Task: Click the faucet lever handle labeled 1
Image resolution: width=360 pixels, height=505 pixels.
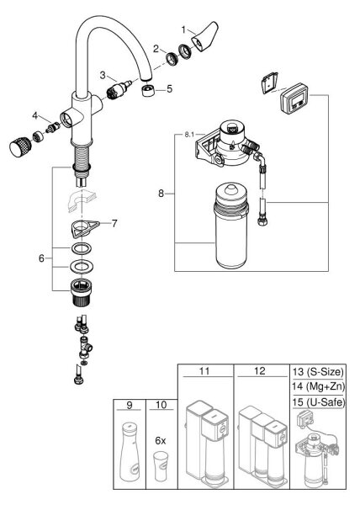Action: tap(205, 37)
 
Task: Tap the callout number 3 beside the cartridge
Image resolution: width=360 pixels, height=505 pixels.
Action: tap(103, 76)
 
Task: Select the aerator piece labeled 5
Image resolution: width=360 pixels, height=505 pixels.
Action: tap(148, 91)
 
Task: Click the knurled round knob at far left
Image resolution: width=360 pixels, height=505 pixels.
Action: tap(20, 146)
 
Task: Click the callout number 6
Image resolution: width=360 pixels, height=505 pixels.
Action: tap(41, 258)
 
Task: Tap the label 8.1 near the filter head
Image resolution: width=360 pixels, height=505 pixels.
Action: tap(189, 135)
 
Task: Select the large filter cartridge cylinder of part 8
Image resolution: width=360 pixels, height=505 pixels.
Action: tap(231, 226)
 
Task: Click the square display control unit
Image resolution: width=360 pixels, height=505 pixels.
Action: tap(294, 98)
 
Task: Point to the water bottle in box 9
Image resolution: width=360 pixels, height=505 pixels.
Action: tap(130, 451)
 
